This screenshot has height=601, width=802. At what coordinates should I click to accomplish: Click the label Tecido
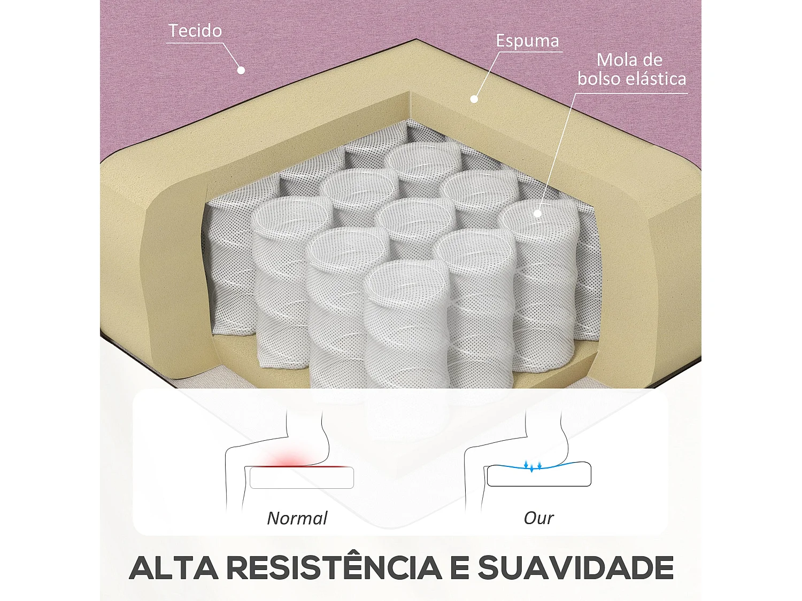pos(195,31)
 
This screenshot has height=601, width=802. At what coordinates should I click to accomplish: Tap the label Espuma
pos(527,41)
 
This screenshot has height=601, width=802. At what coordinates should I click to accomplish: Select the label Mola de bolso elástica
pos(631,69)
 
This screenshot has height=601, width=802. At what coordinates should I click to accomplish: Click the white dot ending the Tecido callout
pos(241,70)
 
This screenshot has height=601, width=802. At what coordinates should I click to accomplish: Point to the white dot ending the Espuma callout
pos(474,99)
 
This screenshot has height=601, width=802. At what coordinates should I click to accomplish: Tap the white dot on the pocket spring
pos(537,214)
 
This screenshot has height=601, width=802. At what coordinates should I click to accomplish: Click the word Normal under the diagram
pos(297,518)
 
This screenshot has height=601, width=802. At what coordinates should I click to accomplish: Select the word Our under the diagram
pos(538,518)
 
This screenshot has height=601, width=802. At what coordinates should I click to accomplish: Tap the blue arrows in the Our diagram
pos(533,465)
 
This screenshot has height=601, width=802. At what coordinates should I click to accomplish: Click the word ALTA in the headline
pos(174,568)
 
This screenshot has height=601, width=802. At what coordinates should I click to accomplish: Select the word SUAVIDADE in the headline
pos(575,568)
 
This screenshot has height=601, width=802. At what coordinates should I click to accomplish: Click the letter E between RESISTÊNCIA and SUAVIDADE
pos(459,568)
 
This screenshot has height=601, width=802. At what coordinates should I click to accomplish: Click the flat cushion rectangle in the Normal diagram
pos(302,478)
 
